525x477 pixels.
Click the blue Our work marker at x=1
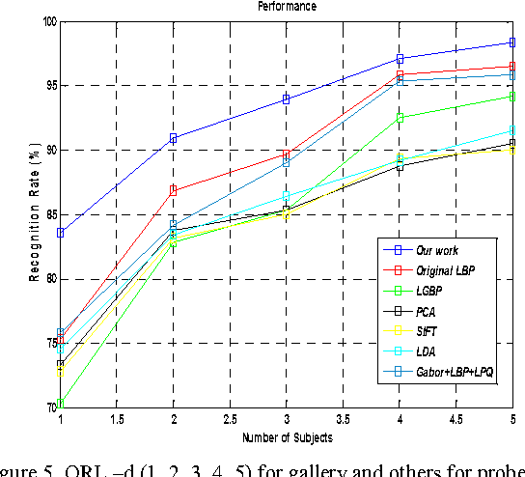point(61,233)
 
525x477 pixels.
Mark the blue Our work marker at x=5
point(511,42)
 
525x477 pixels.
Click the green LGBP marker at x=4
point(399,118)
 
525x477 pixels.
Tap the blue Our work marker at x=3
point(286,98)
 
